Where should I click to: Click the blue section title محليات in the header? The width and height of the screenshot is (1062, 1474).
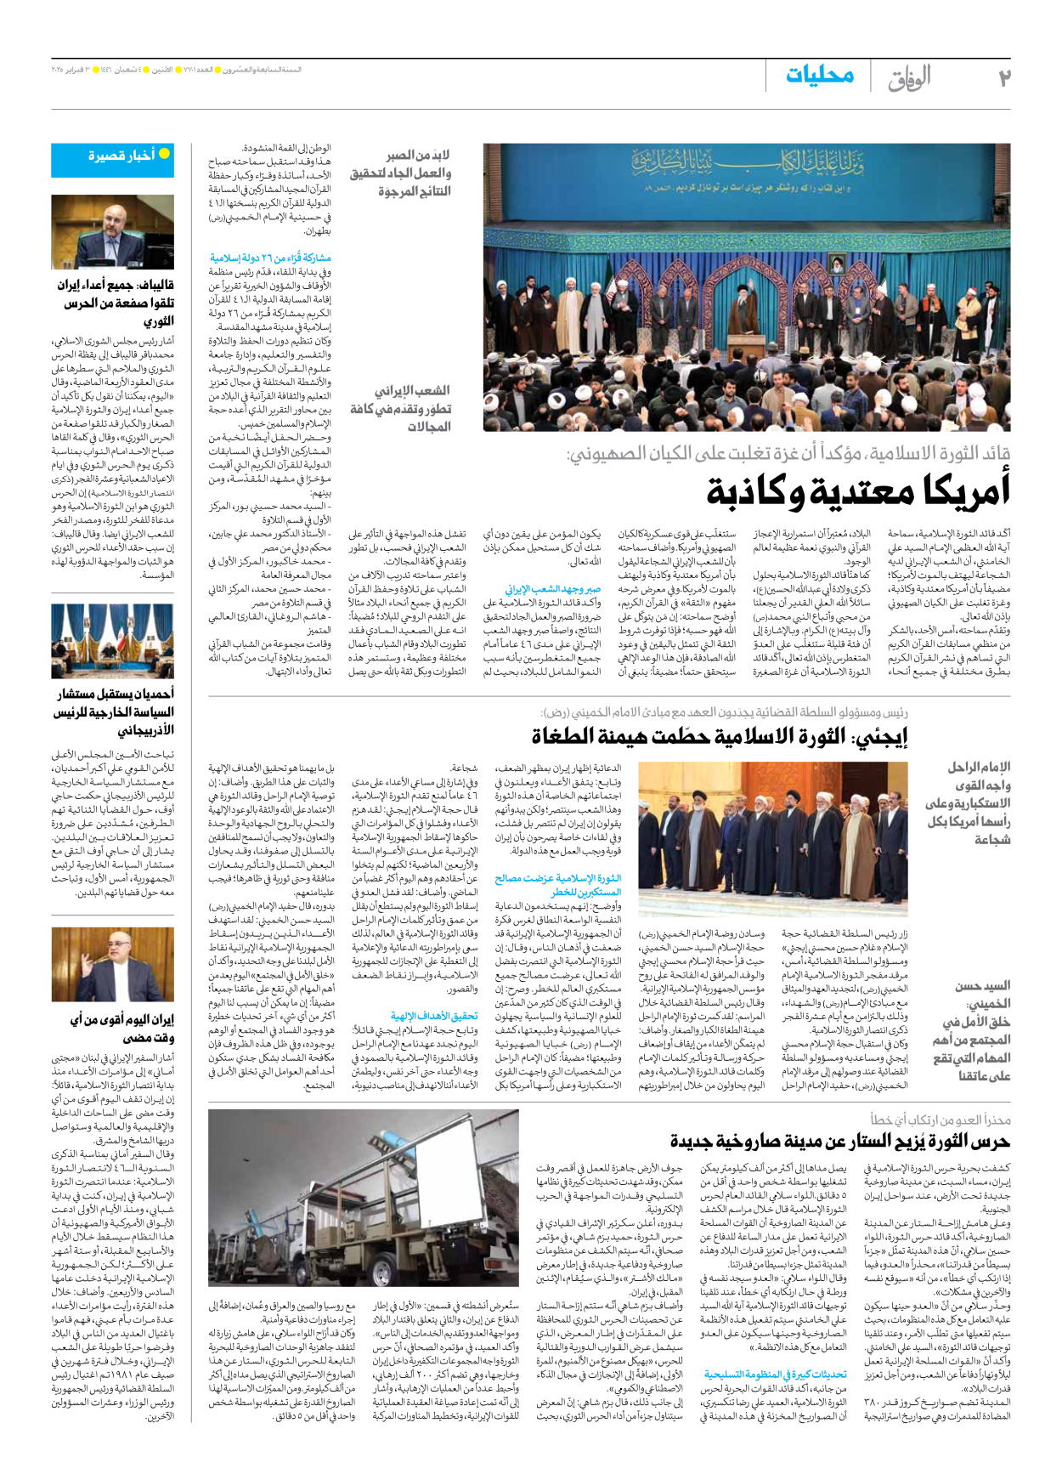point(819,75)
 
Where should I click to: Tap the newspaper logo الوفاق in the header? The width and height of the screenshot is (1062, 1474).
point(909,78)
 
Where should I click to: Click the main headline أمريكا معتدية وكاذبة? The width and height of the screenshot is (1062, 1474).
point(858,490)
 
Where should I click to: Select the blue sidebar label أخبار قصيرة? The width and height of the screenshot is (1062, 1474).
point(121,156)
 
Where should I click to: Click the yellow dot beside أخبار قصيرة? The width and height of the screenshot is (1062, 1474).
point(165,154)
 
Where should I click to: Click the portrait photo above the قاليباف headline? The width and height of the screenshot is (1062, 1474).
point(112,231)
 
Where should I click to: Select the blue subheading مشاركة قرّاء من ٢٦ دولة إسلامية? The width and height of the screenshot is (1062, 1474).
point(270,258)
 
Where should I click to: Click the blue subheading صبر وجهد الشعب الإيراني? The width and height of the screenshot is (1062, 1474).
point(553,588)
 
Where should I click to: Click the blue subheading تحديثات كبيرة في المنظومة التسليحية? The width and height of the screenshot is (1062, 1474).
point(775,1374)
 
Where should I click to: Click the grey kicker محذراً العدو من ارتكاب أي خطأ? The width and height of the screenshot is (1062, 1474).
point(940,1120)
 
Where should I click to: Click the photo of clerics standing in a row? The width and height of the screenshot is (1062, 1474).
point(772,838)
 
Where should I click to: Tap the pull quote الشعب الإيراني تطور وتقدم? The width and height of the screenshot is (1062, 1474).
point(400,408)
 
